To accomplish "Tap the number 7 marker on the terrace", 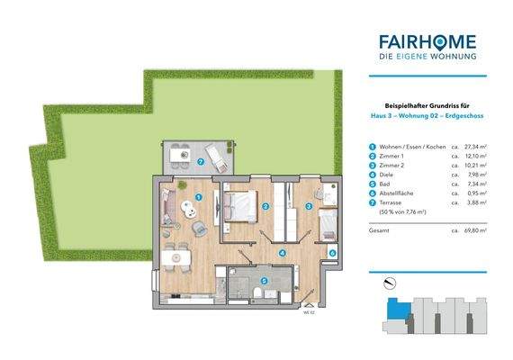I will [x=201, y=163].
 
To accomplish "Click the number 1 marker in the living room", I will [x=199, y=197].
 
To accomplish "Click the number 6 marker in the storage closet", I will [x=332, y=254].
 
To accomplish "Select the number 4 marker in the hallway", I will [x=282, y=254].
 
